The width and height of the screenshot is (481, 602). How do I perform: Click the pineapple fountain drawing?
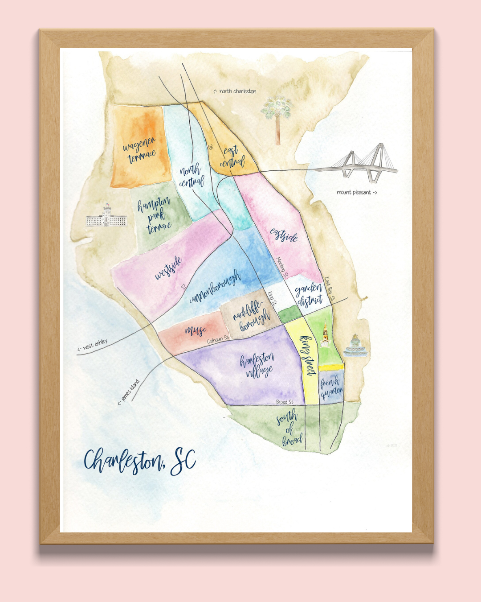(355, 346)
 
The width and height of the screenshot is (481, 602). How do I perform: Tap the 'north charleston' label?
(235, 91)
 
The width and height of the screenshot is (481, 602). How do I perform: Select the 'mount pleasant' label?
(357, 193)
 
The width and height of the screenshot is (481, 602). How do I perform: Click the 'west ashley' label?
(93, 345)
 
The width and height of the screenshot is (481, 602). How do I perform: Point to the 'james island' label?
(129, 392)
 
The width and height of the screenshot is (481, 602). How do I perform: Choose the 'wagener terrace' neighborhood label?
(140, 150)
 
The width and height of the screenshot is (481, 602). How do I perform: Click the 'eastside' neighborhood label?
(284, 235)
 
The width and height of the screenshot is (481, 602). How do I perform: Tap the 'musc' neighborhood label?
(196, 330)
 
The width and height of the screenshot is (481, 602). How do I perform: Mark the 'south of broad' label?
(289, 429)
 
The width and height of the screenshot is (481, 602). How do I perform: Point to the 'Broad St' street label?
(285, 402)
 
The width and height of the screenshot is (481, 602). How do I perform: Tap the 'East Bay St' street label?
(330, 288)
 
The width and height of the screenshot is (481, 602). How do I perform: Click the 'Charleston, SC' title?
(140, 461)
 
